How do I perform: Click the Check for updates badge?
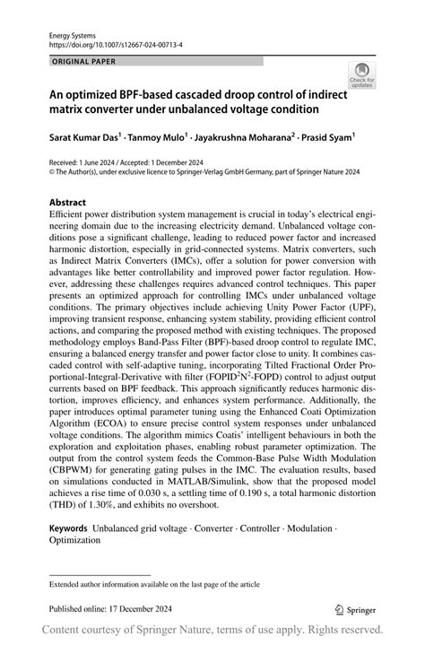361,75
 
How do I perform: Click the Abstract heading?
68,203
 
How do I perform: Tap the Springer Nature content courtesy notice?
212,629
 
